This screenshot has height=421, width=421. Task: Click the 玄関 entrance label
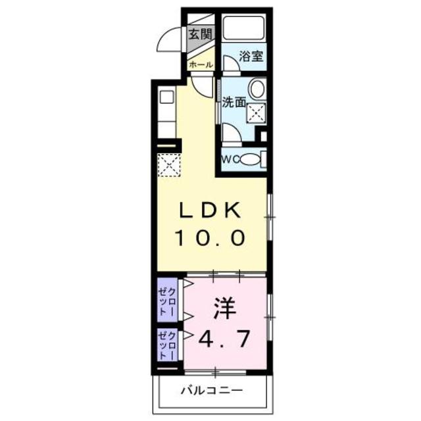[x=201, y=35]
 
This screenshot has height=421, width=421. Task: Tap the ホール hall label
[x=201, y=64]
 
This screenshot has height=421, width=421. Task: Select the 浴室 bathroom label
[x=251, y=56]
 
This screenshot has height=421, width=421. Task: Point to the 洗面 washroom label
[x=234, y=102]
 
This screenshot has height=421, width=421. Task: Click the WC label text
[x=230, y=159]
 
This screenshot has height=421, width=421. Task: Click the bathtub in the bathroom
[x=243, y=29]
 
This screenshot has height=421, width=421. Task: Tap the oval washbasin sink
[x=258, y=90]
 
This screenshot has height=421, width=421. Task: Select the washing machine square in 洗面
[x=255, y=112]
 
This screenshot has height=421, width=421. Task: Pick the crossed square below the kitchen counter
[x=169, y=164]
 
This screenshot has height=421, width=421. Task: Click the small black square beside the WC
[x=264, y=137]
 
